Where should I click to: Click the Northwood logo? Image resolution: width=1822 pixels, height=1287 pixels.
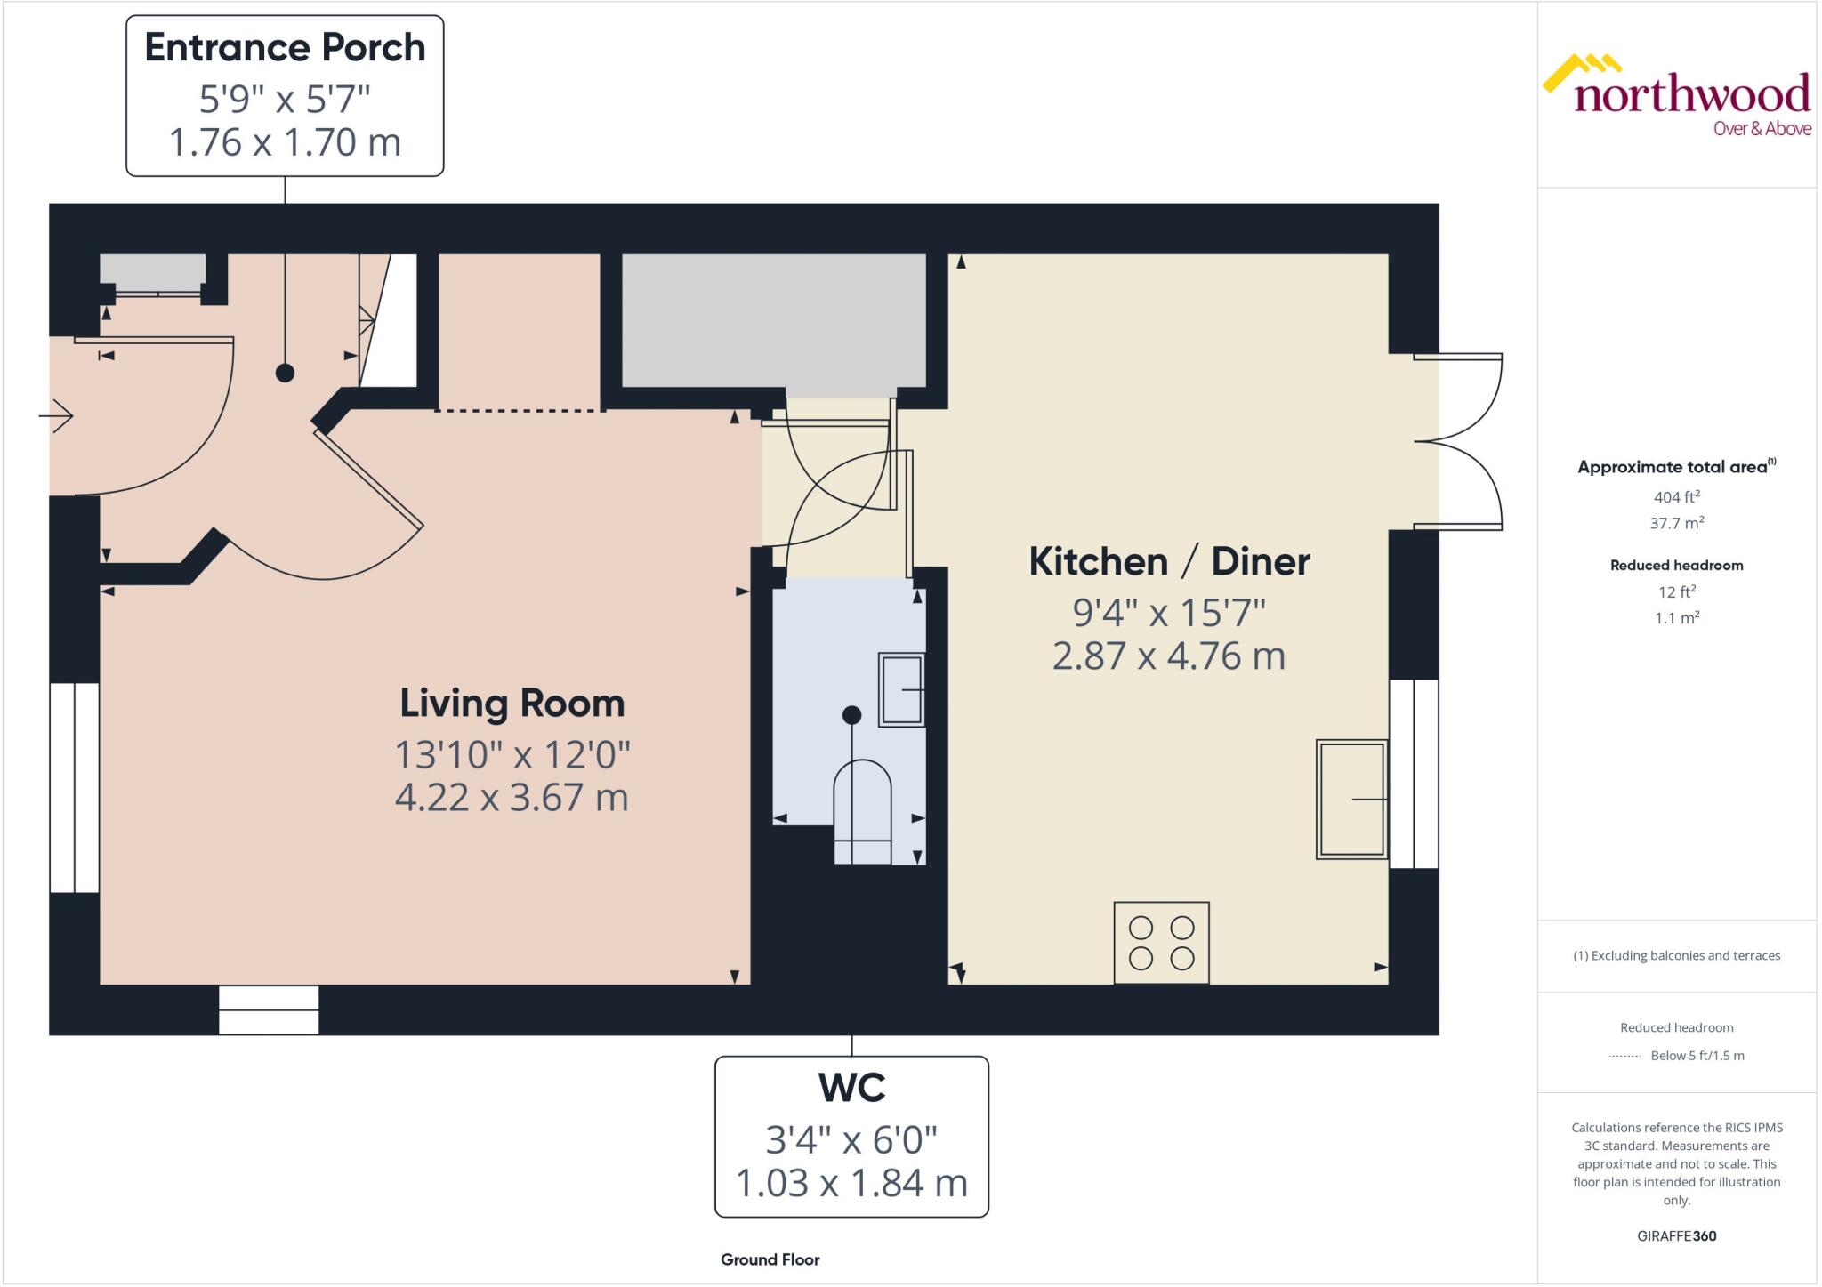1676,98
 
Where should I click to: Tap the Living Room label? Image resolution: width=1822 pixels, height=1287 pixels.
512,704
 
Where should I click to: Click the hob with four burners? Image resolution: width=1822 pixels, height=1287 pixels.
1161,943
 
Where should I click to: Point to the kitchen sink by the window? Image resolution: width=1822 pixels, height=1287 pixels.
1351,799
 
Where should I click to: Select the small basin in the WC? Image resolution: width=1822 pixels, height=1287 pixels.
901,690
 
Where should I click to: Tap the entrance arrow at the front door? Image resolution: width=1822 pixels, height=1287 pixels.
57,415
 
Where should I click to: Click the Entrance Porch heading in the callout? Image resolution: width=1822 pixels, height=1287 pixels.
285,48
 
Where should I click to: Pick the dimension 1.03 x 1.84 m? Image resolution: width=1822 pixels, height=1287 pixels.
851,1183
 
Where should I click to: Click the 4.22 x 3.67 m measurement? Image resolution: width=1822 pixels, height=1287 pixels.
512,797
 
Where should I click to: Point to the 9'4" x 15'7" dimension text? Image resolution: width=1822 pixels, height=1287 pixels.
1169,613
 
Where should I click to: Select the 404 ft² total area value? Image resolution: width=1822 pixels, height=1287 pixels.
1676,497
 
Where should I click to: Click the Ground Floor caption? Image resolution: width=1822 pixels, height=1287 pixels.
770,1259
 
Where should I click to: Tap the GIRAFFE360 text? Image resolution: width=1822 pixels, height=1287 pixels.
1676,1235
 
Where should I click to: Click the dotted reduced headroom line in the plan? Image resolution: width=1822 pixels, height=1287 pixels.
520,410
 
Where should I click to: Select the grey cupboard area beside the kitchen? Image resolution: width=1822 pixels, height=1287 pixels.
773,320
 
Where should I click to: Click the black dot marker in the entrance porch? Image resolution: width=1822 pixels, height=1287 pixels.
285,373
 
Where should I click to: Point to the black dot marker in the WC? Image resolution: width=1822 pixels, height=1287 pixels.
851,715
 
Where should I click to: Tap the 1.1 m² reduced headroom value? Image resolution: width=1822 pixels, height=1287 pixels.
1676,617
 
